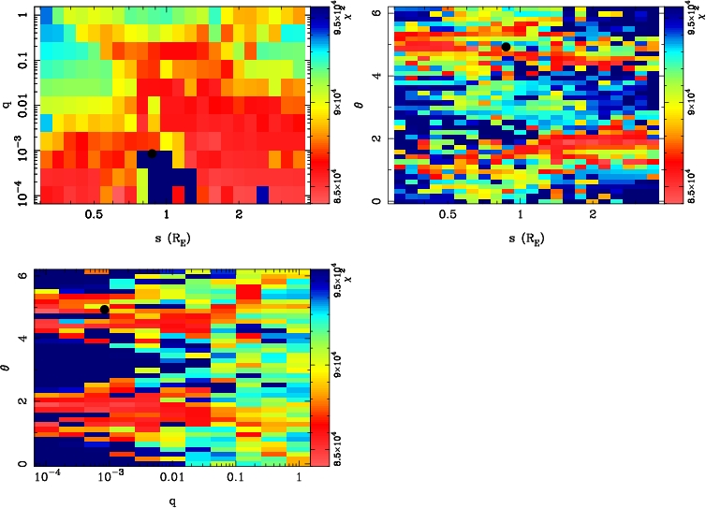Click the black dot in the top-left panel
(152, 152)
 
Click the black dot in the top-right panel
(506, 47)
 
